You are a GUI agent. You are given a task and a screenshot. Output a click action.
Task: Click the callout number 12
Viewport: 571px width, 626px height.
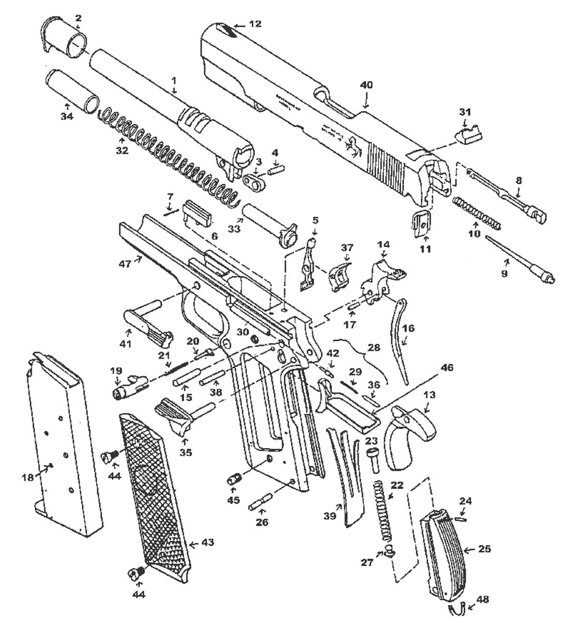coord(255,24)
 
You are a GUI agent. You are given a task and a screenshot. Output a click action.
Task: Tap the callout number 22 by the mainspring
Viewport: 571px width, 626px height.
coord(397,485)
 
